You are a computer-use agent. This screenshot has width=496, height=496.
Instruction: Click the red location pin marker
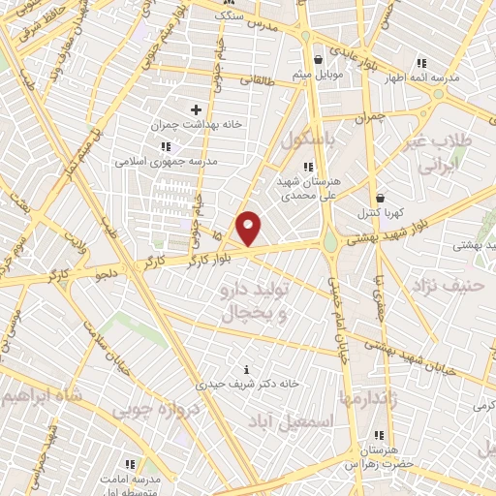coord(249,228)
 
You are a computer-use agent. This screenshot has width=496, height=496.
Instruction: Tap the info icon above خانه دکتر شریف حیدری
coord(247,369)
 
